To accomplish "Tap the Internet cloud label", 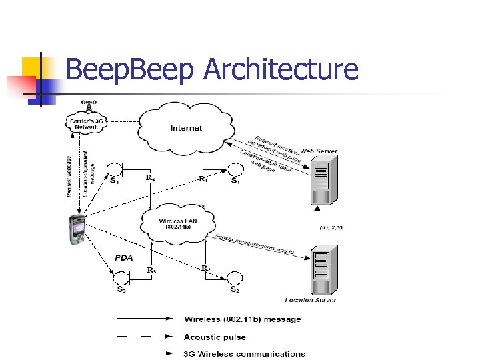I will [186, 128].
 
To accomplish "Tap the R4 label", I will [151, 178].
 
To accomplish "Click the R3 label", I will [151, 270].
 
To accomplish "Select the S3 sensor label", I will [121, 290].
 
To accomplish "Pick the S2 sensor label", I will [235, 290].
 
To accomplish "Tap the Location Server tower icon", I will [322, 270].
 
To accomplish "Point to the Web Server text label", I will [319, 151].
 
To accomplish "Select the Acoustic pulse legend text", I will [215, 337].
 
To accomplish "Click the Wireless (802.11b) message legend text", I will [243, 319].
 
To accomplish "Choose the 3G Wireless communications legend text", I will [244, 354].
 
